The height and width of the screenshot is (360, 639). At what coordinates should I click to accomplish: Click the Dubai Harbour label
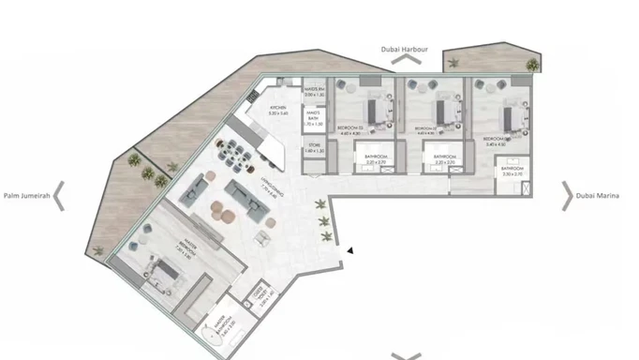[406, 48]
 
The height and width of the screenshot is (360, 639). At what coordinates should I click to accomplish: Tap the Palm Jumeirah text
[24, 196]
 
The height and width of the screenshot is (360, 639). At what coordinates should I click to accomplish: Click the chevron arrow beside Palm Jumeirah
[59, 196]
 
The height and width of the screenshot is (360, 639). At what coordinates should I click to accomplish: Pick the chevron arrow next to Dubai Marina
[567, 195]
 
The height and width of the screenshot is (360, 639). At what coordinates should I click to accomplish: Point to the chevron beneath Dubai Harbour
[406, 60]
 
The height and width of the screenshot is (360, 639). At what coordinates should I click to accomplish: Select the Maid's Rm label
[314, 92]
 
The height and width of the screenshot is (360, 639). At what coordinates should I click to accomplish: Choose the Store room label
[314, 148]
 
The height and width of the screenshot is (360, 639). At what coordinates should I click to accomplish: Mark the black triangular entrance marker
[349, 250]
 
